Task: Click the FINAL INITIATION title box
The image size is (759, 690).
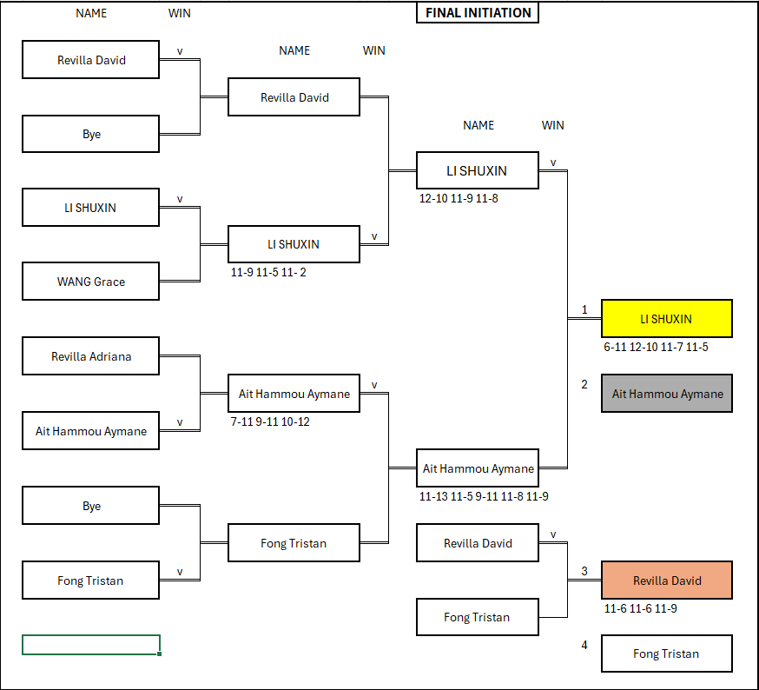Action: tap(478, 13)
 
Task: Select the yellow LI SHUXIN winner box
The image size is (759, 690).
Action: tap(666, 319)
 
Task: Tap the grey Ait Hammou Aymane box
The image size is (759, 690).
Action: tap(666, 394)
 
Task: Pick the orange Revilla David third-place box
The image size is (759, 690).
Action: tap(666, 581)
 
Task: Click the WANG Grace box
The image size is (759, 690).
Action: tap(91, 282)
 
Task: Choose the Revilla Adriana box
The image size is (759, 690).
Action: tap(91, 356)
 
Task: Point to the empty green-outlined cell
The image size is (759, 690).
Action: tap(91, 645)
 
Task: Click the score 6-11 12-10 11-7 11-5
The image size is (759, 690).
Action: tap(656, 348)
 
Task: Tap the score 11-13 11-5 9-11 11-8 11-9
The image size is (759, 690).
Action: tap(484, 497)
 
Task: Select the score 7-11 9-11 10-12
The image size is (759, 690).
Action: tap(270, 422)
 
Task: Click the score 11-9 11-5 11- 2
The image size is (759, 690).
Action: tap(268, 273)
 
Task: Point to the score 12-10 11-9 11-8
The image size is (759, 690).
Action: tap(459, 199)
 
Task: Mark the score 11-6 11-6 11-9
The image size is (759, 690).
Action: tap(641, 609)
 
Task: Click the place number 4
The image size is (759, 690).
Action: tap(584, 645)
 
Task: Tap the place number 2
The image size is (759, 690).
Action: tap(584, 384)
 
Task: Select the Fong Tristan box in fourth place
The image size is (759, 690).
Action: tap(666, 654)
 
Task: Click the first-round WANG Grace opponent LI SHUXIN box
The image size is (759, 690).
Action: tap(91, 208)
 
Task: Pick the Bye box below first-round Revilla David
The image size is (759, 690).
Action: tap(91, 135)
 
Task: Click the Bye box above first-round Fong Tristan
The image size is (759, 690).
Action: tap(91, 506)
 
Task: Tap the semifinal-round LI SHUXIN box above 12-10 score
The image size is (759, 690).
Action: tap(478, 170)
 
